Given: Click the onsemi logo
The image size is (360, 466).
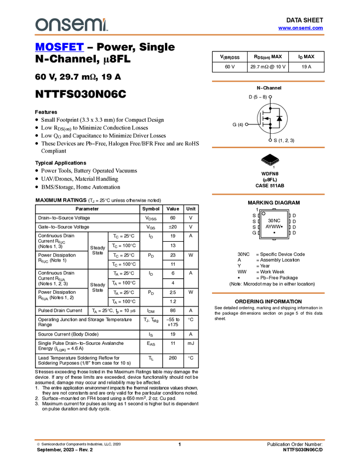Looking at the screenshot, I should tap(71, 25).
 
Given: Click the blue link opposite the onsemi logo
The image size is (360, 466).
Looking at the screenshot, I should tap(300, 28).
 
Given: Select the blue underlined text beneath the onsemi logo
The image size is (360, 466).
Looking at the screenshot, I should tap(59, 48).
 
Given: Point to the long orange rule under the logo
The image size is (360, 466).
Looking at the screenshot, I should tap(180, 35).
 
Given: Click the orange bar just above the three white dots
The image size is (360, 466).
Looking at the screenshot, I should tap(268, 81).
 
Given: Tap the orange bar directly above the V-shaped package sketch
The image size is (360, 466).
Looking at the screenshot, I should tap(268, 147).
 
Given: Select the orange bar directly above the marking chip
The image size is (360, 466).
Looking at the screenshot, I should tap(268, 194).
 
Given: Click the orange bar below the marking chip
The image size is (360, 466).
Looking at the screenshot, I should tap(268, 293).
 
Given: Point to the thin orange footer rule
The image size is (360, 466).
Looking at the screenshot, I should tap(180, 439).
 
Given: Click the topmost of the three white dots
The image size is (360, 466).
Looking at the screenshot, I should tap(270, 97).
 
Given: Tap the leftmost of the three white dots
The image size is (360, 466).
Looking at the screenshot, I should tap(247, 124).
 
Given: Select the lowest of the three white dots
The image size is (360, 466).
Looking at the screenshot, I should tap(270, 140).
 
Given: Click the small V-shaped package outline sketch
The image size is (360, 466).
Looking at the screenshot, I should tap(270, 162).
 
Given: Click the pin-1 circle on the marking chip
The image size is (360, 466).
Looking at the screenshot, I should tap(264, 213).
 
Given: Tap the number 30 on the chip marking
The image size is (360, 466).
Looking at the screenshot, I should tap(271, 220).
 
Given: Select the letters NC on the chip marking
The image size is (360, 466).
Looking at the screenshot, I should tap(277, 220).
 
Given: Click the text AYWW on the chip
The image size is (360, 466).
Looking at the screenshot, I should tap(273, 226).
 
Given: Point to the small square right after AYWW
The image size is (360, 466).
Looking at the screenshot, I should tap(282, 226).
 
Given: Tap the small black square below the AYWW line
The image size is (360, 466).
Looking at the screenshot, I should tap(274, 233).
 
